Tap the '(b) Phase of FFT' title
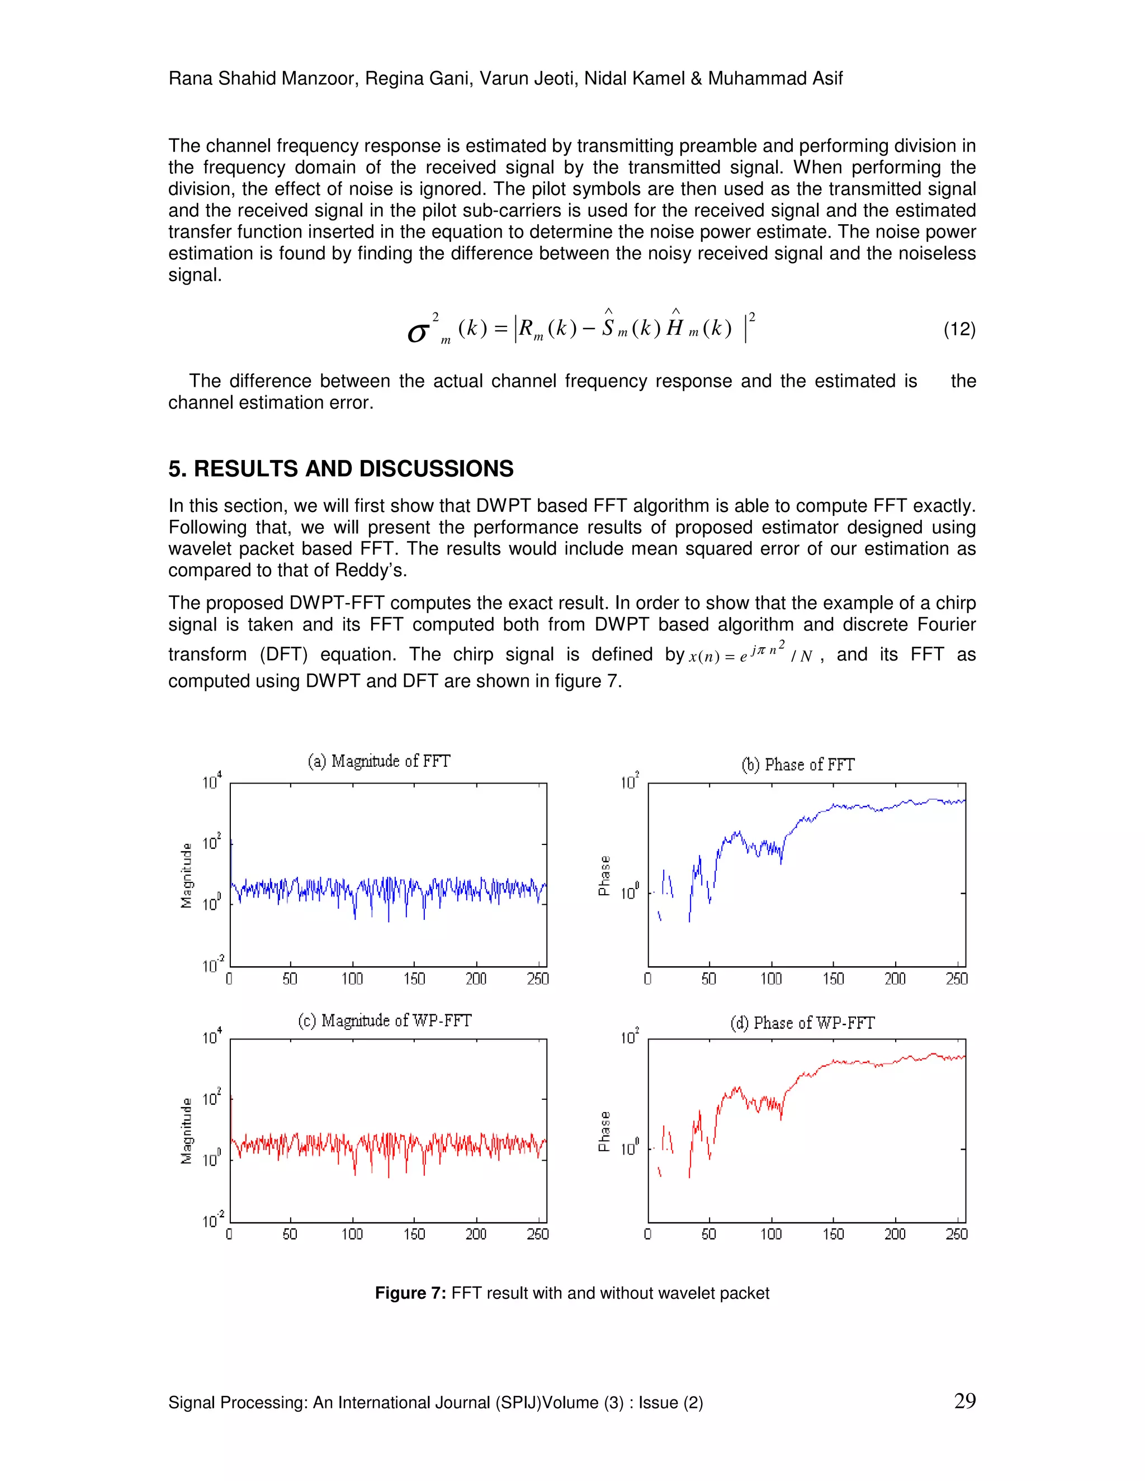click(x=798, y=765)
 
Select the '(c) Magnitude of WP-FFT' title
click(x=384, y=1020)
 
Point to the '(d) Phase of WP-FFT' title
click(x=802, y=1023)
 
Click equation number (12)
click(x=959, y=330)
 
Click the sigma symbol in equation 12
click(x=418, y=333)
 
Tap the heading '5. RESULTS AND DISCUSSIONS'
click(x=340, y=468)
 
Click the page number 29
click(x=964, y=1401)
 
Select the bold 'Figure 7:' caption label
click(x=410, y=1293)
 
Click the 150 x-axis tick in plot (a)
click(x=414, y=979)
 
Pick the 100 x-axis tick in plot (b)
click(x=770, y=979)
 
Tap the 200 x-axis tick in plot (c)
click(x=476, y=1234)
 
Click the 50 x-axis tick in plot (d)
click(x=708, y=1234)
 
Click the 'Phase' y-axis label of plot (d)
click(x=604, y=1131)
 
